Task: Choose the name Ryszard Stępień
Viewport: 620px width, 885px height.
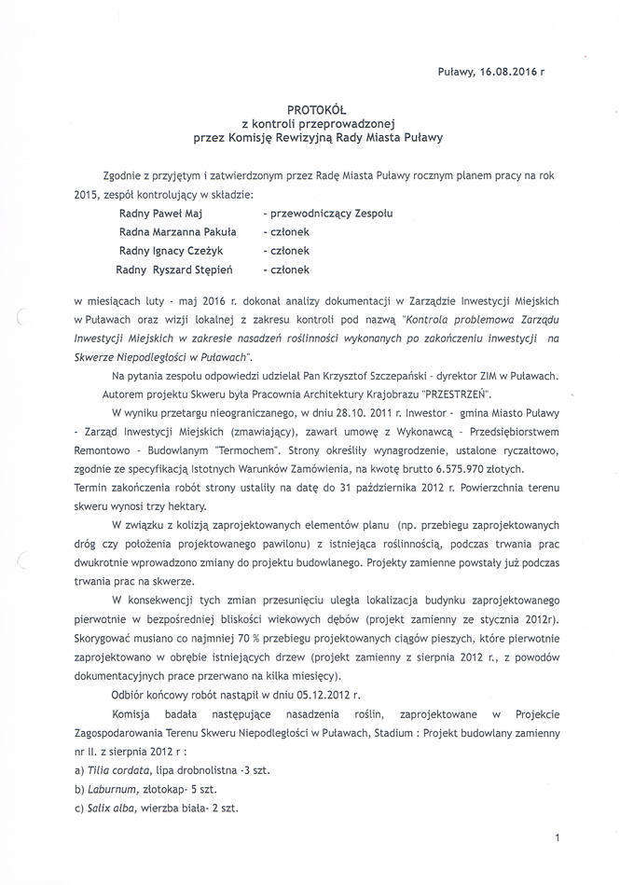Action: (x=199, y=270)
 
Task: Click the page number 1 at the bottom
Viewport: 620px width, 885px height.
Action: (x=556, y=840)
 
